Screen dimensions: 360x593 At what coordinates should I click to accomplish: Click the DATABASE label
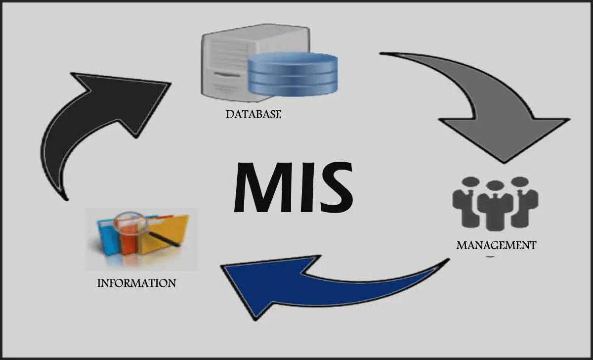tap(254, 114)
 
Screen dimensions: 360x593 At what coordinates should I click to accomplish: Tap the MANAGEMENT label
tap(496, 245)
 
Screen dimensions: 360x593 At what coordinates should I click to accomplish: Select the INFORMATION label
tap(136, 283)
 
